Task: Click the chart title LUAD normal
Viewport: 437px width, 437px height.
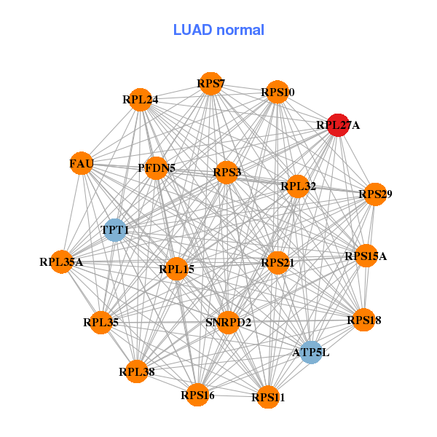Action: point(219,30)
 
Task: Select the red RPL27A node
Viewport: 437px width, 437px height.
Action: point(336,125)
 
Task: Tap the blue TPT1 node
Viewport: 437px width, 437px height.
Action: point(115,230)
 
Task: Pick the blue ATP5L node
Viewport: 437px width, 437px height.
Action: point(311,352)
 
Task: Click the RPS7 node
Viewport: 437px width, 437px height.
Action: point(210,84)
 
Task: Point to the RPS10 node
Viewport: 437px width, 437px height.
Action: point(277,92)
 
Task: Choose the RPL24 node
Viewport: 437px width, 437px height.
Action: point(141,99)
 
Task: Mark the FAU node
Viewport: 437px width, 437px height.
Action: point(82,164)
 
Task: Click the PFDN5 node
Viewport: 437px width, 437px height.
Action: point(157,168)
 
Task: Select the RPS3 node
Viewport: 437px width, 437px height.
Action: point(227,173)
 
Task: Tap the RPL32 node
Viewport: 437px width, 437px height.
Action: point(298,186)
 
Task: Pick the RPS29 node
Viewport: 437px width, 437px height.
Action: point(375,194)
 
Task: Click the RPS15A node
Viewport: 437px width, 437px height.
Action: point(366,256)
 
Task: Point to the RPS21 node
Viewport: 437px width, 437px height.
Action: point(277,262)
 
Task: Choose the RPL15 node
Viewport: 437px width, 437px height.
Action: point(177,269)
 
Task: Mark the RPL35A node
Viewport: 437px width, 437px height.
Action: point(61,261)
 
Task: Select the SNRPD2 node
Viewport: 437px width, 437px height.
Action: point(228,322)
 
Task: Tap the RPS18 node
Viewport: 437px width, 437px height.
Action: point(363,320)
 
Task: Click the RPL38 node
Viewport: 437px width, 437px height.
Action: point(136,371)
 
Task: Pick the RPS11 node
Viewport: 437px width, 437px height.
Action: point(268,397)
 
